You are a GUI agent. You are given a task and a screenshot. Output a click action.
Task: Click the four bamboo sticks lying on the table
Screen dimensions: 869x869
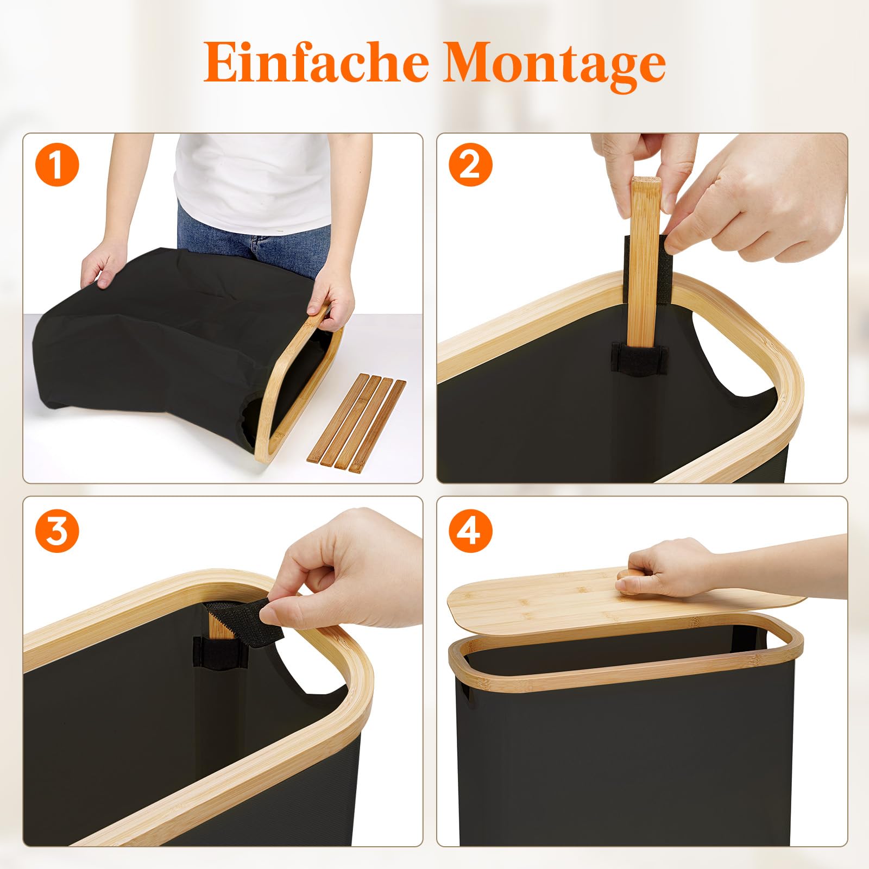357,421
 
